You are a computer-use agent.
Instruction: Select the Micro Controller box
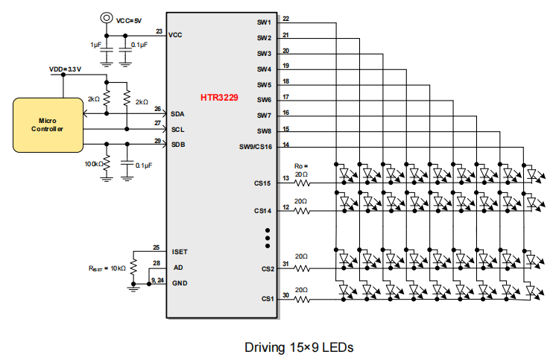(46, 124)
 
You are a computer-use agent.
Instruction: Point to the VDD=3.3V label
(65, 69)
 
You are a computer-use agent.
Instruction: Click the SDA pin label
(177, 114)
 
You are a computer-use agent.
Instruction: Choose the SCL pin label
(177, 129)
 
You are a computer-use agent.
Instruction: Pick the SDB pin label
(177, 144)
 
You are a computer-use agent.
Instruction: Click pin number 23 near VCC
(159, 31)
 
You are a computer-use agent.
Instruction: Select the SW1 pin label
(264, 22)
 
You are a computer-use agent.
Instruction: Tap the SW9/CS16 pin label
(256, 147)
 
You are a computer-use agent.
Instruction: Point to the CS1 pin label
(267, 299)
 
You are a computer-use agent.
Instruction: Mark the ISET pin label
(180, 252)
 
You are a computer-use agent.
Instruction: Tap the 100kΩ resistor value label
(93, 162)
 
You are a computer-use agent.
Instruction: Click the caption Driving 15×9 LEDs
(298, 347)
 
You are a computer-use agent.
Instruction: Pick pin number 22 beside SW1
(286, 19)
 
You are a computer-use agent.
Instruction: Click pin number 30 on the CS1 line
(286, 294)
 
